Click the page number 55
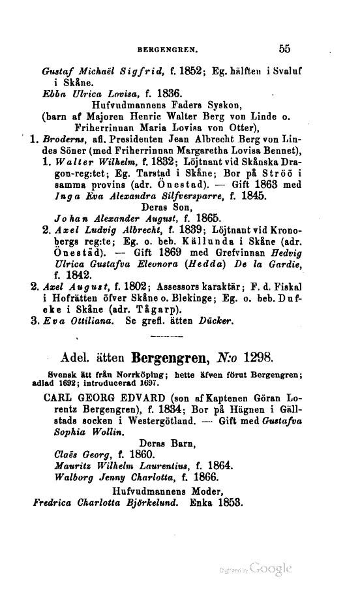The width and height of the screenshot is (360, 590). tap(284, 48)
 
